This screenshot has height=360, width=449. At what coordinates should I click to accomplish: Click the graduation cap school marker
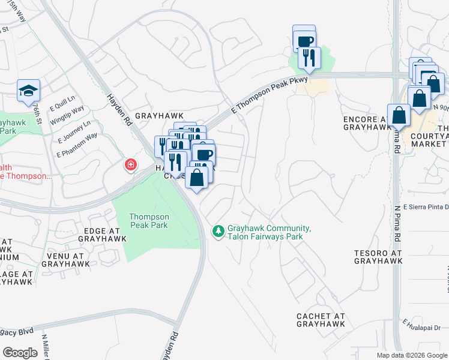coord(28,91)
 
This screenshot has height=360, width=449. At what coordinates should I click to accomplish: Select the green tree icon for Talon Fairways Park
coord(218,230)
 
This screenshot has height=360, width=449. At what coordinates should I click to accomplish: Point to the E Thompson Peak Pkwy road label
coord(270,95)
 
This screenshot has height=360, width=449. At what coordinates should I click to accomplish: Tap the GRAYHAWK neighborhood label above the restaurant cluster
coord(158,115)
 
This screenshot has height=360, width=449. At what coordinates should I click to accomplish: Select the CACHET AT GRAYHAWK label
coord(321,320)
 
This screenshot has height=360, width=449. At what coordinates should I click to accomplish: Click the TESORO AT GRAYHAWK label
coord(378,257)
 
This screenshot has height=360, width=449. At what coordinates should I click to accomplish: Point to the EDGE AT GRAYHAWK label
coord(102,234)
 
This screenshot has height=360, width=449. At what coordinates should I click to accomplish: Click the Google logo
coord(20,353)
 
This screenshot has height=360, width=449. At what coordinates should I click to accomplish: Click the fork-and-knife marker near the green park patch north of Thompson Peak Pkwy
coord(309,58)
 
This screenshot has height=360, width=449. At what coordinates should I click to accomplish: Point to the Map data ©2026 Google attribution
coord(412,355)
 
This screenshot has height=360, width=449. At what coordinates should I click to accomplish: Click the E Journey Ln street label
coord(74,131)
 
